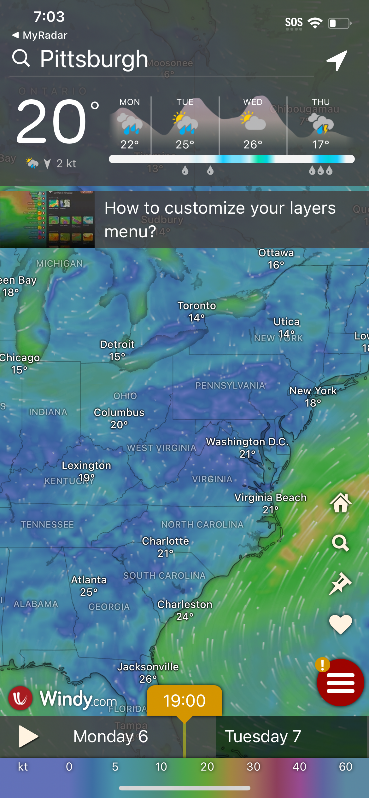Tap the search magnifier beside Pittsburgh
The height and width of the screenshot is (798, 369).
(21, 58)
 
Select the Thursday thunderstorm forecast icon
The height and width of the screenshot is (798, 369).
(321, 124)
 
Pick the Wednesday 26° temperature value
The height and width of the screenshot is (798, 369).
(253, 145)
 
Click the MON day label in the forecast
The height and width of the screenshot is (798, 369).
(130, 102)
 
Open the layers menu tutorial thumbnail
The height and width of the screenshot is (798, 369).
(47, 219)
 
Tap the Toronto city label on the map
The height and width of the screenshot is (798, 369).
(197, 306)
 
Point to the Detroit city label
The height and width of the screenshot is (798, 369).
(117, 344)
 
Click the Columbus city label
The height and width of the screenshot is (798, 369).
(119, 413)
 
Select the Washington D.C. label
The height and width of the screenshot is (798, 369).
(247, 442)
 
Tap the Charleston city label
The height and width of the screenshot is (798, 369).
(185, 604)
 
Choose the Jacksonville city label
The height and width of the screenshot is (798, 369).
(148, 667)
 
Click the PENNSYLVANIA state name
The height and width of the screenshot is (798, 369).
(230, 385)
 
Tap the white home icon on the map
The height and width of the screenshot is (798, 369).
(341, 503)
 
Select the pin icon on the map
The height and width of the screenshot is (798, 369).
(341, 583)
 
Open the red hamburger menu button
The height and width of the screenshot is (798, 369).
(341, 683)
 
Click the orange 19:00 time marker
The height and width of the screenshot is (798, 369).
(184, 701)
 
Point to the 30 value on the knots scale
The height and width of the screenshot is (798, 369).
(253, 766)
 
